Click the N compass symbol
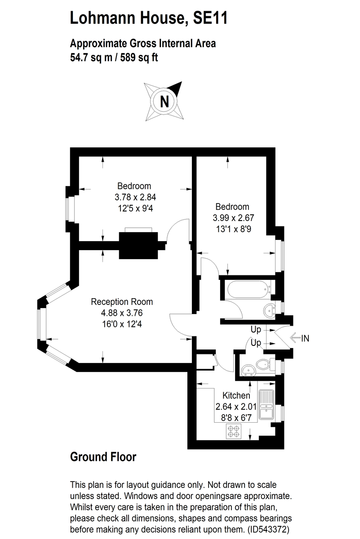coord(164,101)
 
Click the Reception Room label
coord(122,302)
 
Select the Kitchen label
coord(236,396)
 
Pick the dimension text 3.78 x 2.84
coord(135,197)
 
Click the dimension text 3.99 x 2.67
coord(232,218)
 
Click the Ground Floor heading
coord(103,457)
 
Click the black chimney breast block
coord(138,245)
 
